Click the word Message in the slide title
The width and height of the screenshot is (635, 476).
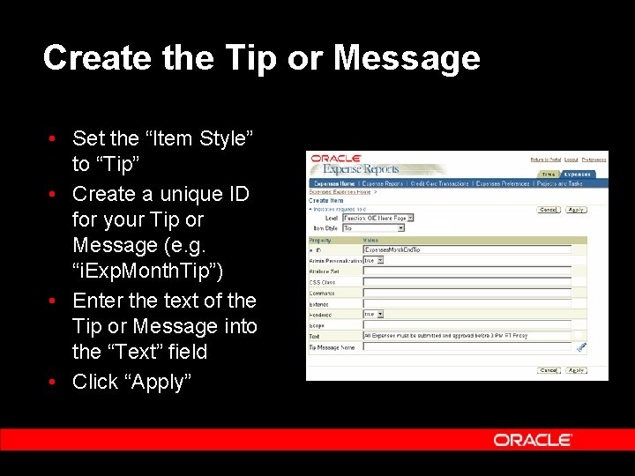407,58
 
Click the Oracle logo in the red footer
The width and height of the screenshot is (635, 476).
533,440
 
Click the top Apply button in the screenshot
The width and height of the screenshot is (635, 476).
576,210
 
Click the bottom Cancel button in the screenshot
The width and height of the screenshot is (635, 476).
549,370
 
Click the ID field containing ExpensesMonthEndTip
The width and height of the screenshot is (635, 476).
467,249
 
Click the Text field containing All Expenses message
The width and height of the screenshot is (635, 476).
467,336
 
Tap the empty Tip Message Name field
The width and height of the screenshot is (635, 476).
467,346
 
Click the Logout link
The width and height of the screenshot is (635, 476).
571,160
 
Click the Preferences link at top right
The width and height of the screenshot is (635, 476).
594,160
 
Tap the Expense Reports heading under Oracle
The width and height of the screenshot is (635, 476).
361,169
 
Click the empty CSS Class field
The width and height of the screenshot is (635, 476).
467,282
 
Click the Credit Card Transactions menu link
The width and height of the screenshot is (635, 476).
438,183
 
